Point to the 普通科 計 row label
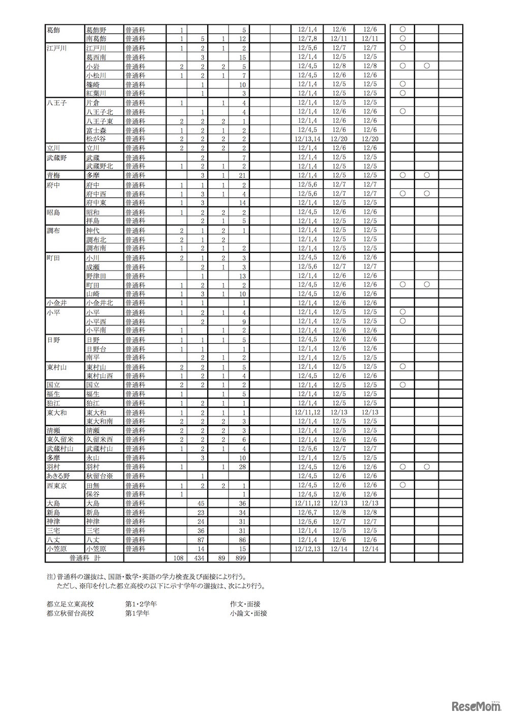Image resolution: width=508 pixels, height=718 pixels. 83,558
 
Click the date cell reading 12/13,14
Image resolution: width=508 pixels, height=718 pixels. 307,139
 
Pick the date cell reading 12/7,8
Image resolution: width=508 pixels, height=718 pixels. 307,39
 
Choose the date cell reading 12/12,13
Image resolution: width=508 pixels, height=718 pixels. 307,549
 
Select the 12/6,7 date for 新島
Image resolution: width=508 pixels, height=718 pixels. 307,512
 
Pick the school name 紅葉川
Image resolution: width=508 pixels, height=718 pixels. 96,93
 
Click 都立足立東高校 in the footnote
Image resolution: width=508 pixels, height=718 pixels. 70,604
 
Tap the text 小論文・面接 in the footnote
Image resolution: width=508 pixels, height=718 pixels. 248,613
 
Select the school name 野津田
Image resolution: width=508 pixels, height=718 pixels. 96,276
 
